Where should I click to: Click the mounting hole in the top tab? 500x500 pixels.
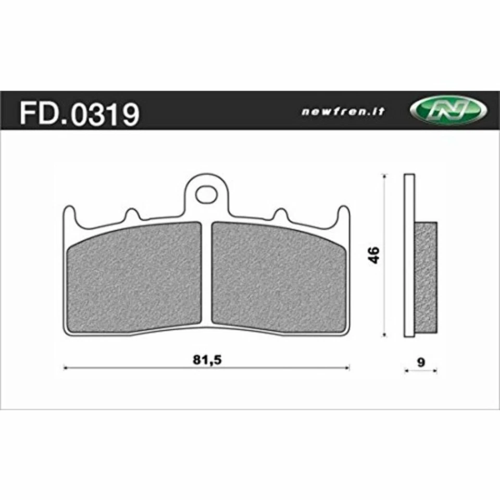coord(206,194)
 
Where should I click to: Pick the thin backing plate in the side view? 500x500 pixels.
coord(409,255)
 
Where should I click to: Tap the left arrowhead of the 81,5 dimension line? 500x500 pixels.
coord(65,368)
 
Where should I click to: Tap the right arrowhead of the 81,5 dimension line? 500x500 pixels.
coord(347,368)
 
